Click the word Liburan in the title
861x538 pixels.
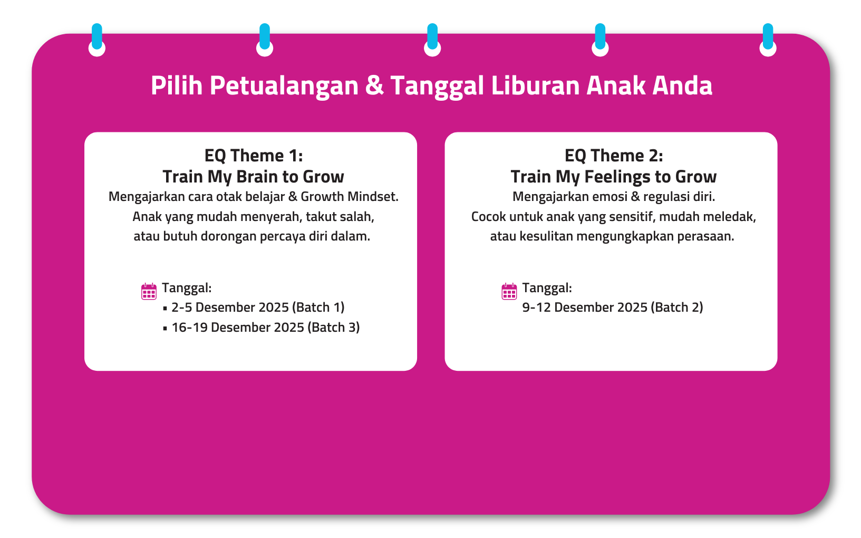pyautogui.click(x=535, y=85)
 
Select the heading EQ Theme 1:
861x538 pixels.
pyautogui.click(x=253, y=156)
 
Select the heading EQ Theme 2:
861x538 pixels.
pyautogui.click(x=614, y=156)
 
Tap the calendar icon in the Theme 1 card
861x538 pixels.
pyautogui.click(x=149, y=292)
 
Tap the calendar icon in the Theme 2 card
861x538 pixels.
pyautogui.click(x=509, y=292)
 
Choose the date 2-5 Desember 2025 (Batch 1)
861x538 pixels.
pyautogui.click(x=258, y=308)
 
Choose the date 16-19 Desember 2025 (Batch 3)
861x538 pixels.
pyautogui.click(x=266, y=328)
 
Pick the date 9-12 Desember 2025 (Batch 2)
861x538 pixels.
pyautogui.click(x=613, y=308)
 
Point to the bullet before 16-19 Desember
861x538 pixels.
pyautogui.click(x=165, y=329)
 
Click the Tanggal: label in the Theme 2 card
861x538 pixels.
pyautogui.click(x=547, y=288)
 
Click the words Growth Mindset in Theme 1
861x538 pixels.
pyautogui.click(x=350, y=197)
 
